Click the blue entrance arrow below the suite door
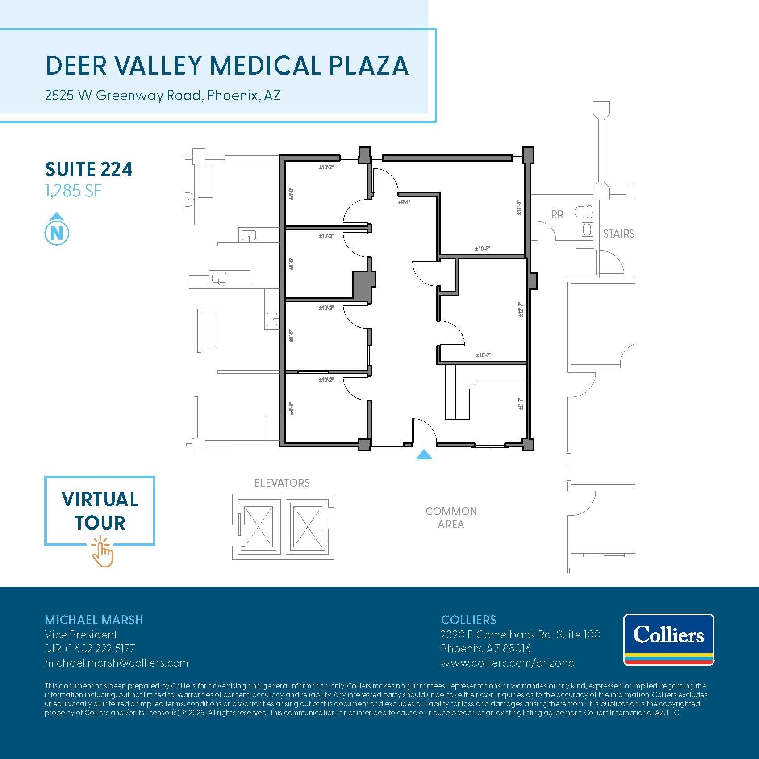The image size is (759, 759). coord(424,455)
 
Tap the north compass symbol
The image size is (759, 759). coord(57,229)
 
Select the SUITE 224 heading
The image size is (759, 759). coord(89,170)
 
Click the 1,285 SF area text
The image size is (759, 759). coord(73,191)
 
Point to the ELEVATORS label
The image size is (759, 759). coord(282,483)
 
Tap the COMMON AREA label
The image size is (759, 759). coord(451,518)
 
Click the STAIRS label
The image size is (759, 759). coord(618,234)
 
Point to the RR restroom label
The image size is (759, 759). coord(557,215)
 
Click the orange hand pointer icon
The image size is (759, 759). coord(103,553)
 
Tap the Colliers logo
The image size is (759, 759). coord(668,639)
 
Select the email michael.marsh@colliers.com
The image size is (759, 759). coord(116,663)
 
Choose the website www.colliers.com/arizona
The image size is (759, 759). coord(508,663)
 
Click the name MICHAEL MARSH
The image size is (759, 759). coord(94,620)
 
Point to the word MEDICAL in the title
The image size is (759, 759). coord(265,66)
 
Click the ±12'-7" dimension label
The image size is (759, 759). coord(521,310)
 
